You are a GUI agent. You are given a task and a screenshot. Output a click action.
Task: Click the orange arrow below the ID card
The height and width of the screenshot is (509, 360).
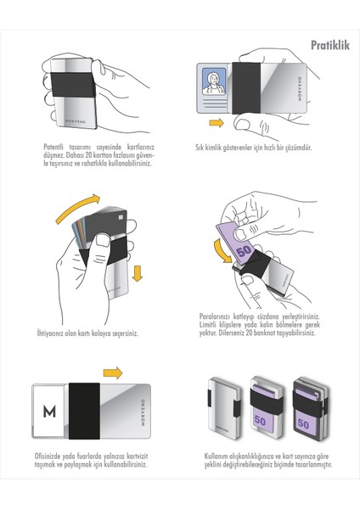(216, 124)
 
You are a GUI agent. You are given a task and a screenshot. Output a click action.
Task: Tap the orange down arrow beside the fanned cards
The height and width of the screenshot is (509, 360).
(138, 273)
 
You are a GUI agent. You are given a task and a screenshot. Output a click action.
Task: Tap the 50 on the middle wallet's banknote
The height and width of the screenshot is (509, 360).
(257, 417)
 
